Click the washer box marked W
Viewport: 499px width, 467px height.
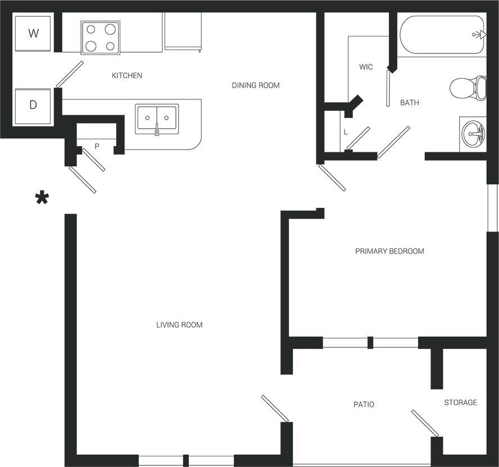pos(33,33)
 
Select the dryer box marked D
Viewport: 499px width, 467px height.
pos(33,105)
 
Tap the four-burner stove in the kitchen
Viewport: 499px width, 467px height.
pos(100,37)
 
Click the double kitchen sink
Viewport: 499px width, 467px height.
pos(157,118)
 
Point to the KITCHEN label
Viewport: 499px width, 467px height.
pos(126,75)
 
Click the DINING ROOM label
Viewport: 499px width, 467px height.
pos(256,85)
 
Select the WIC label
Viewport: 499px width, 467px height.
pos(366,67)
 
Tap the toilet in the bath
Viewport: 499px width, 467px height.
pos(469,88)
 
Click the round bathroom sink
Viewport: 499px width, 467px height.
pos(473,134)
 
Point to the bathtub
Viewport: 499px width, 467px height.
pos(441,34)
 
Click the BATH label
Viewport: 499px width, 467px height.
pos(409,103)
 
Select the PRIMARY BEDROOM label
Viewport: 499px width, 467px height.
pos(389,251)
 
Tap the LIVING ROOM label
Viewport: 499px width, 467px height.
pos(179,325)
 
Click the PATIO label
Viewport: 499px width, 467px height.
pos(364,404)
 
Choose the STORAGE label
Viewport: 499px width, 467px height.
pos(460,402)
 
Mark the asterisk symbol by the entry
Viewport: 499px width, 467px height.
pos(42,198)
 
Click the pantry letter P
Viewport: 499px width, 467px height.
pos(97,146)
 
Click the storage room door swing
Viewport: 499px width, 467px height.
pos(425,423)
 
